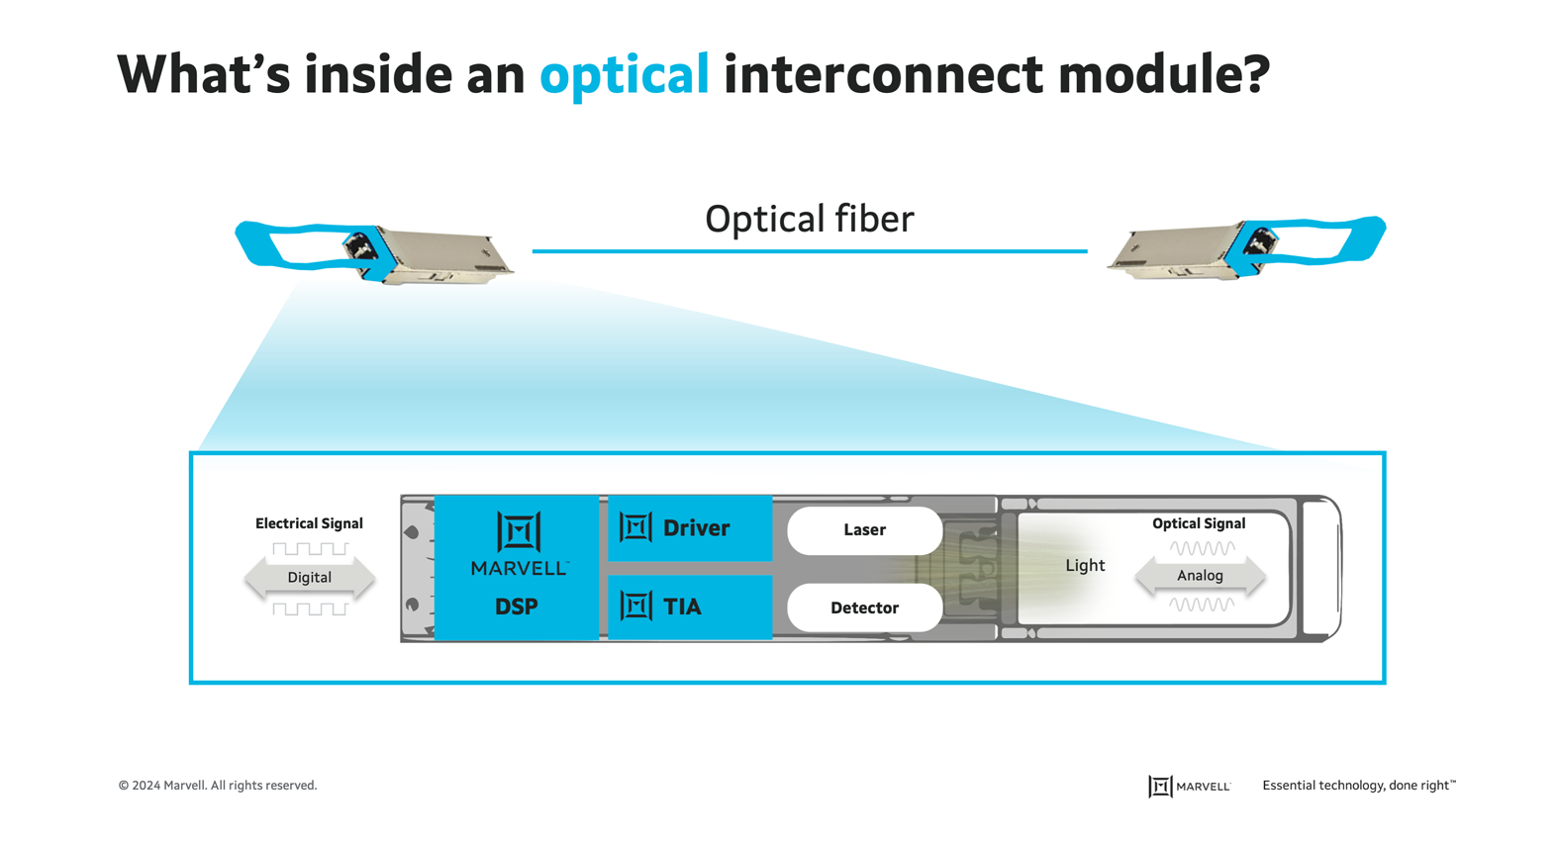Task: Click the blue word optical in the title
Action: (x=624, y=74)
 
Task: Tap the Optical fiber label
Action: (x=809, y=219)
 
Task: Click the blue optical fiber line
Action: (x=809, y=251)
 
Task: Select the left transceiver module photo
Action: (x=376, y=253)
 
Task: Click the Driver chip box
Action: (x=690, y=528)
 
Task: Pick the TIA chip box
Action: (x=690, y=607)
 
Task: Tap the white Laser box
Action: (x=864, y=530)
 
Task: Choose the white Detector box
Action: (x=864, y=608)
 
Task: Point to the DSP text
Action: (x=517, y=607)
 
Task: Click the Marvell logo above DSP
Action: (x=519, y=543)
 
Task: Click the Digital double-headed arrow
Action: (x=310, y=578)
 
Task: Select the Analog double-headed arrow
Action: (x=1200, y=576)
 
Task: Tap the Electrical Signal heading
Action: (x=309, y=523)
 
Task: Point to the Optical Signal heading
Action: (x=1198, y=523)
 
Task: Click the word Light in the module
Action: (x=1085, y=566)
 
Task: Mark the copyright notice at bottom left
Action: (x=218, y=786)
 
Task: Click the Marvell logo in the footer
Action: (x=1189, y=787)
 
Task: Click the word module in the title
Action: (x=1163, y=74)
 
